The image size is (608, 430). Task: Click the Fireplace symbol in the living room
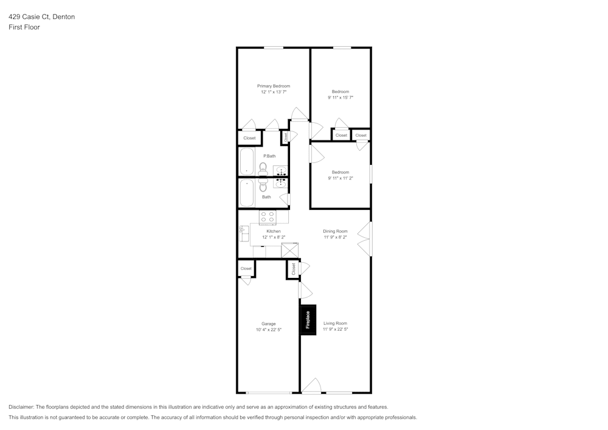coord(308,320)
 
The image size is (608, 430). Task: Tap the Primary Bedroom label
coord(274,86)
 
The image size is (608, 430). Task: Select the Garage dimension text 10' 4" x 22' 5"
coord(268,330)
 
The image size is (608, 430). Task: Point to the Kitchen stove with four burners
coord(268,217)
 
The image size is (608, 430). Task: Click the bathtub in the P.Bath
coord(247,162)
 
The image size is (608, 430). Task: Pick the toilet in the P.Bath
coord(263,167)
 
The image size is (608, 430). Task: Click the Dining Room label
coord(335,231)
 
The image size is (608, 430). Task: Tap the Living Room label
coord(335,324)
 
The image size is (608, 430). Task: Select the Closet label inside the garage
coord(246,268)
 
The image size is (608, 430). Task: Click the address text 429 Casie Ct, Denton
coord(42,17)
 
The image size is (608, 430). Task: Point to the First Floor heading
coord(24,27)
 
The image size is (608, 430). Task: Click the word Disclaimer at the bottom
coord(21,407)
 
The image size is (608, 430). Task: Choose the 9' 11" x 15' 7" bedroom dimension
coord(340,97)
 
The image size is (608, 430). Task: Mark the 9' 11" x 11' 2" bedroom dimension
coord(340,178)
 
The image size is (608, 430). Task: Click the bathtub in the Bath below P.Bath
coord(247,193)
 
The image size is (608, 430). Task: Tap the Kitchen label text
coord(274,231)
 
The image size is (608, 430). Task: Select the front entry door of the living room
coord(311,386)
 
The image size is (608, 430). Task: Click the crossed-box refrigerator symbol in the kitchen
coord(290,251)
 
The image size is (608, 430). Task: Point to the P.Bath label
coord(269,156)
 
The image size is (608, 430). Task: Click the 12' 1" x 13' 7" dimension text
coord(274,92)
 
